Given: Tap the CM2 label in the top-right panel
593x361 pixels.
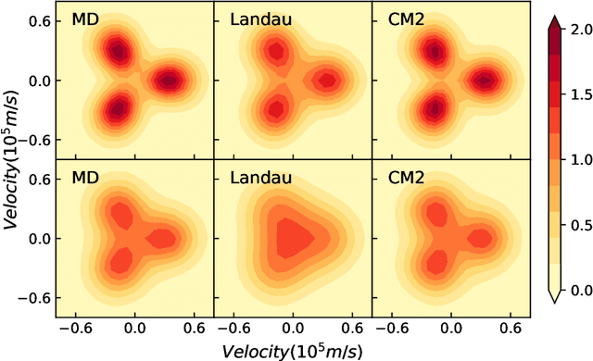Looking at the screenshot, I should (x=401, y=20).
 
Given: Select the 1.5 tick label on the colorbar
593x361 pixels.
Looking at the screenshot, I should (x=581, y=94).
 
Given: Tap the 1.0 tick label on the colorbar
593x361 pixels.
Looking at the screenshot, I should (x=581, y=160).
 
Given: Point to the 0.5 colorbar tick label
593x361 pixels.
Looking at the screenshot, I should (x=581, y=225).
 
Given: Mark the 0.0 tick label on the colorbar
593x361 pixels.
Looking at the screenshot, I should (x=581, y=291).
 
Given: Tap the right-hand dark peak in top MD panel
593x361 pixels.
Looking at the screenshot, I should (x=170, y=81).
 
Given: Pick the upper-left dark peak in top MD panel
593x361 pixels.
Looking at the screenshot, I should (x=116, y=51).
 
